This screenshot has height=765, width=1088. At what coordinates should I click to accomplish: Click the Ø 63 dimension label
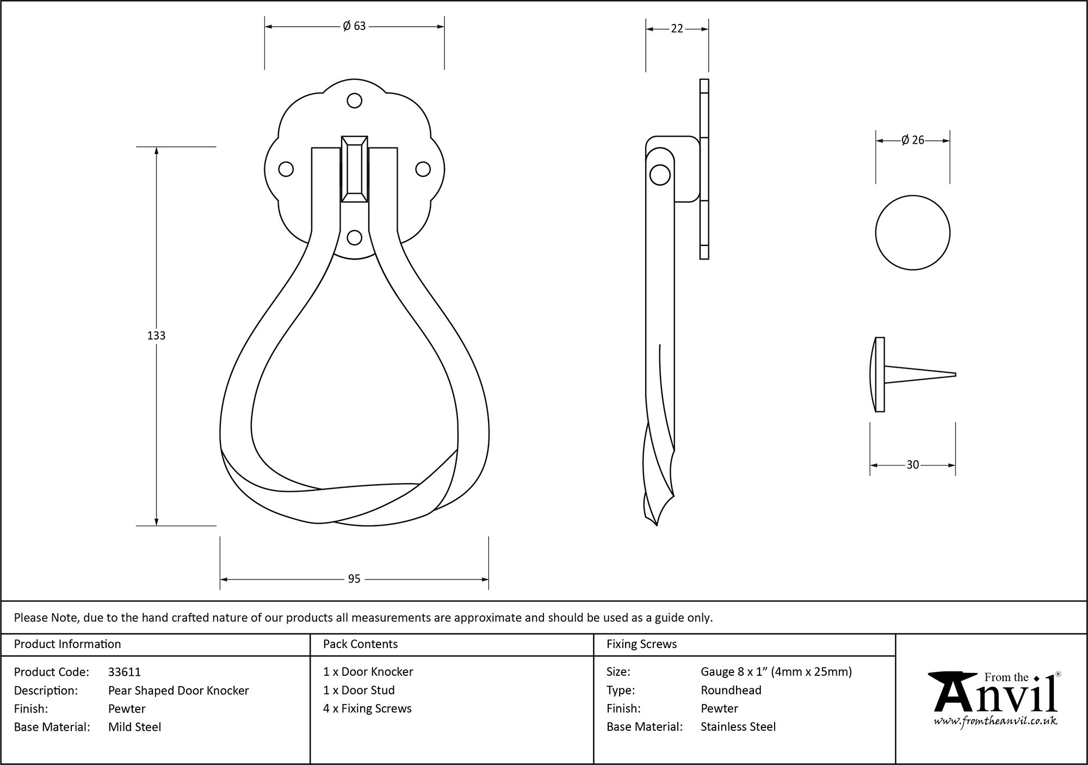(354, 26)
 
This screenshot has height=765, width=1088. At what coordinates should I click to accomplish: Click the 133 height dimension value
(156, 336)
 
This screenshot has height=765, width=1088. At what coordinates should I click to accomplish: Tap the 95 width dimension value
(354, 579)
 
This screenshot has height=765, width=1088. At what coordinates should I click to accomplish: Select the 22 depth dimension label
(677, 29)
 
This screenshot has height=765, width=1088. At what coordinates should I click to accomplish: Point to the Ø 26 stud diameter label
(912, 140)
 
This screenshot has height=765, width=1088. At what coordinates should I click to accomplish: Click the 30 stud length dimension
(912, 465)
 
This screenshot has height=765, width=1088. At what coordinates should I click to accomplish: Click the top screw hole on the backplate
(354, 101)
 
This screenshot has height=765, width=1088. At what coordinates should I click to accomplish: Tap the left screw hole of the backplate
(286, 169)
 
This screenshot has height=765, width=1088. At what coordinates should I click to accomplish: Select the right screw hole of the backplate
(423, 169)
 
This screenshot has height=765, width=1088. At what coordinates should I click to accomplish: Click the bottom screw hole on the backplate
(354, 238)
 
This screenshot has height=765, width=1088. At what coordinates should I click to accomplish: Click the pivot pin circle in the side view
(660, 175)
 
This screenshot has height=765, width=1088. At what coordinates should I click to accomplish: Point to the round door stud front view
(912, 233)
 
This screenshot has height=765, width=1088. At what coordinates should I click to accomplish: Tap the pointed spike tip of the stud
(954, 374)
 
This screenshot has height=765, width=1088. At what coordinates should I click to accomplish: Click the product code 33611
(125, 672)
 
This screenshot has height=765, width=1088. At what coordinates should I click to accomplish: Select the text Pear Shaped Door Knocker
(178, 690)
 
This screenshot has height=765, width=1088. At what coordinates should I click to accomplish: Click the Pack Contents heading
(360, 644)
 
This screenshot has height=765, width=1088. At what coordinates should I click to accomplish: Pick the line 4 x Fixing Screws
(367, 708)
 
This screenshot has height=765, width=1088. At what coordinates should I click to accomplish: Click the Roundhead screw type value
(731, 690)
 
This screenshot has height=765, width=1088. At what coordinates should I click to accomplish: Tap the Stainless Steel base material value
(738, 726)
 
